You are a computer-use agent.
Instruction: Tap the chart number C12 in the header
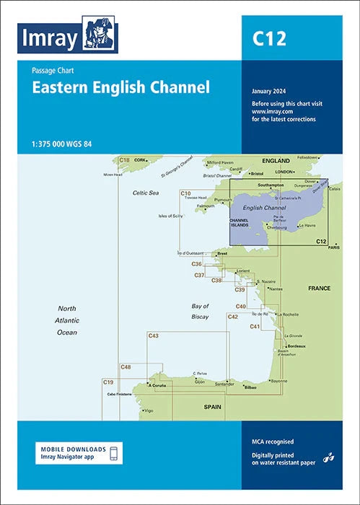(x=269, y=38)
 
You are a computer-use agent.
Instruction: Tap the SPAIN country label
(x=212, y=408)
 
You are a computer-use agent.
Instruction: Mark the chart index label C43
(x=153, y=336)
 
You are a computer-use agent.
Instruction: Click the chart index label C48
(x=126, y=367)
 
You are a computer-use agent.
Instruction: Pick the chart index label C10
(x=185, y=193)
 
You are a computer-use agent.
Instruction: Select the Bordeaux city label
(x=297, y=346)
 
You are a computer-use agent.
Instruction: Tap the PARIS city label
(x=333, y=247)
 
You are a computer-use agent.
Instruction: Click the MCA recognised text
(x=273, y=440)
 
